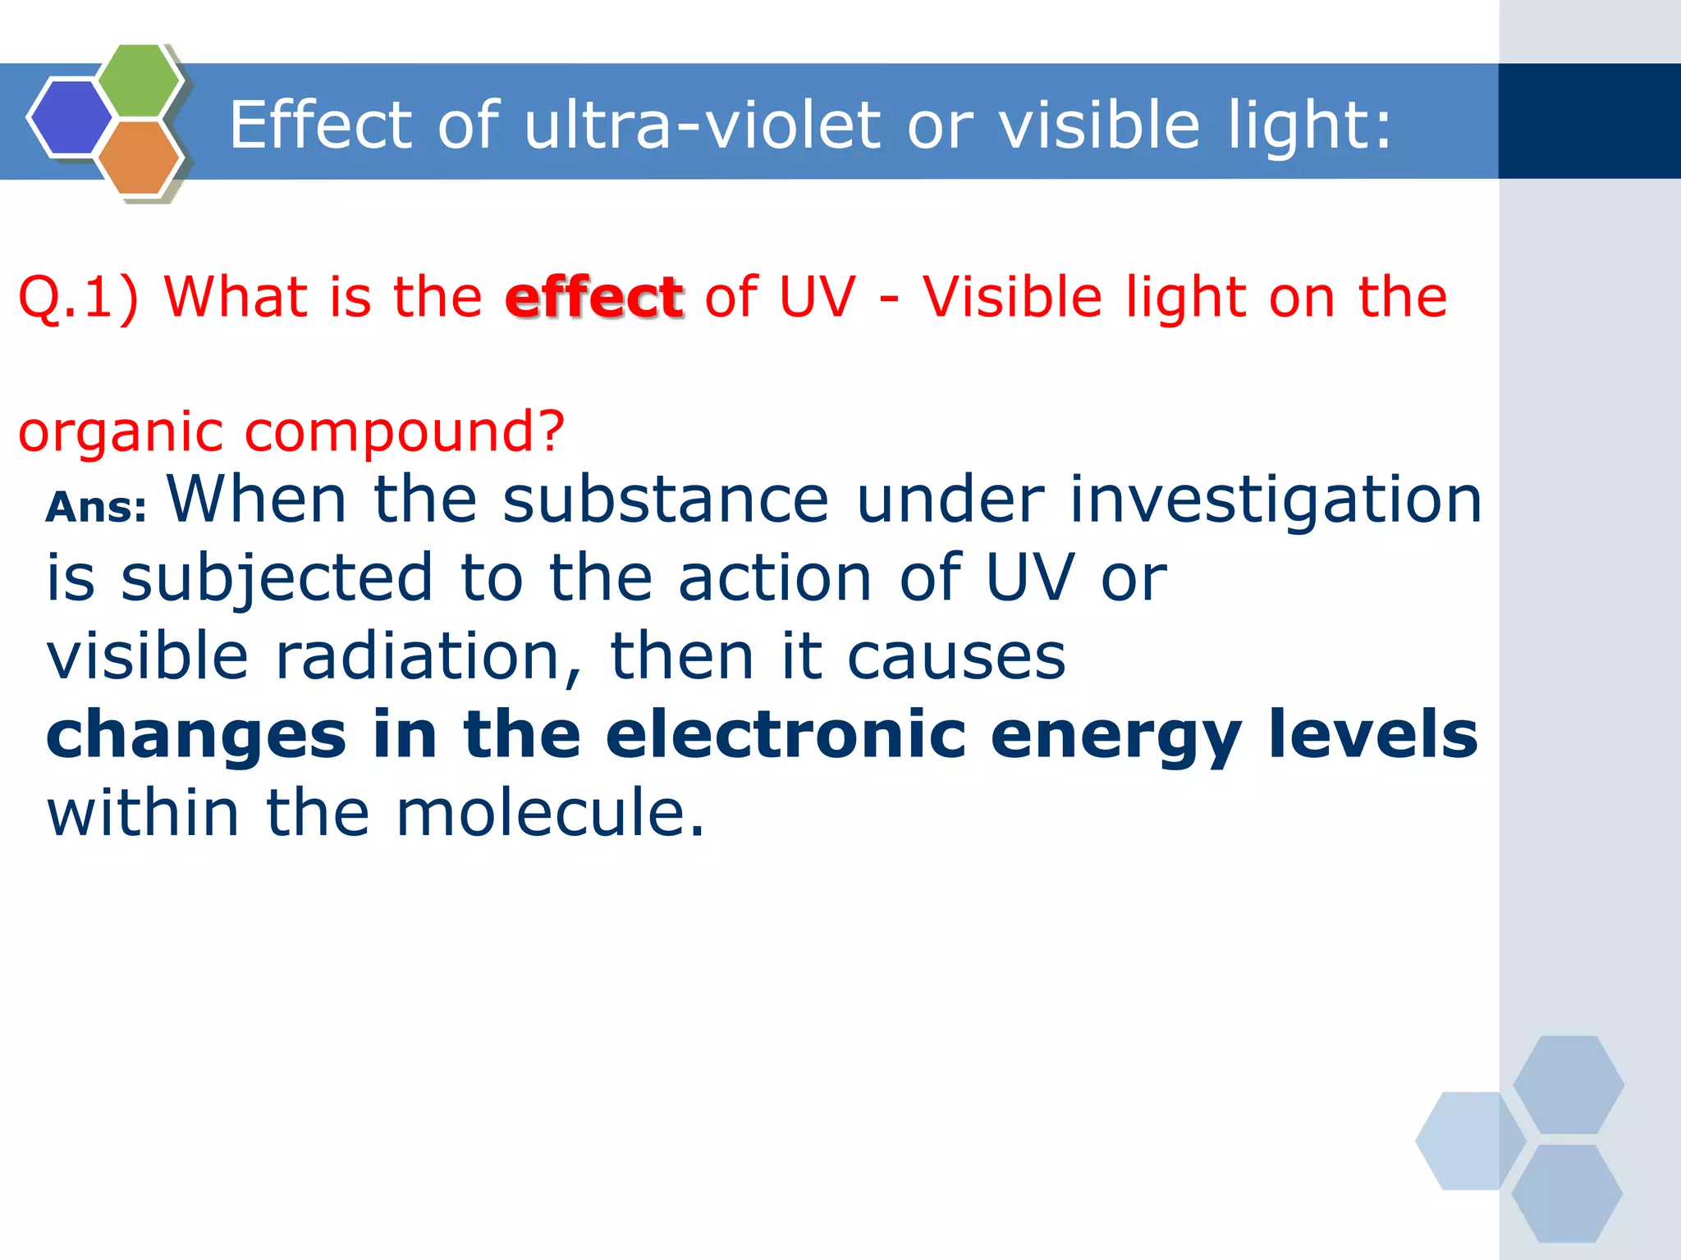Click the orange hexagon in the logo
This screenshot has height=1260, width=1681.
coord(139,157)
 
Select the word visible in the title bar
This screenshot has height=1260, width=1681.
coord(1100,125)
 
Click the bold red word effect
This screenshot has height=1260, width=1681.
coord(594,297)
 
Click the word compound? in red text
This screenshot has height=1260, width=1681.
coord(405,431)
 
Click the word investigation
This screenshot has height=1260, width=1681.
coord(1276,500)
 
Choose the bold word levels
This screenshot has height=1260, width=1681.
coord(1372,734)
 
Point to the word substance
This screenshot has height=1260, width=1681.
coord(666,500)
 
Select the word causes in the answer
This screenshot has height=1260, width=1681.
coord(955,656)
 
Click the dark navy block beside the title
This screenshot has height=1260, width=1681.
coord(1589,121)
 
